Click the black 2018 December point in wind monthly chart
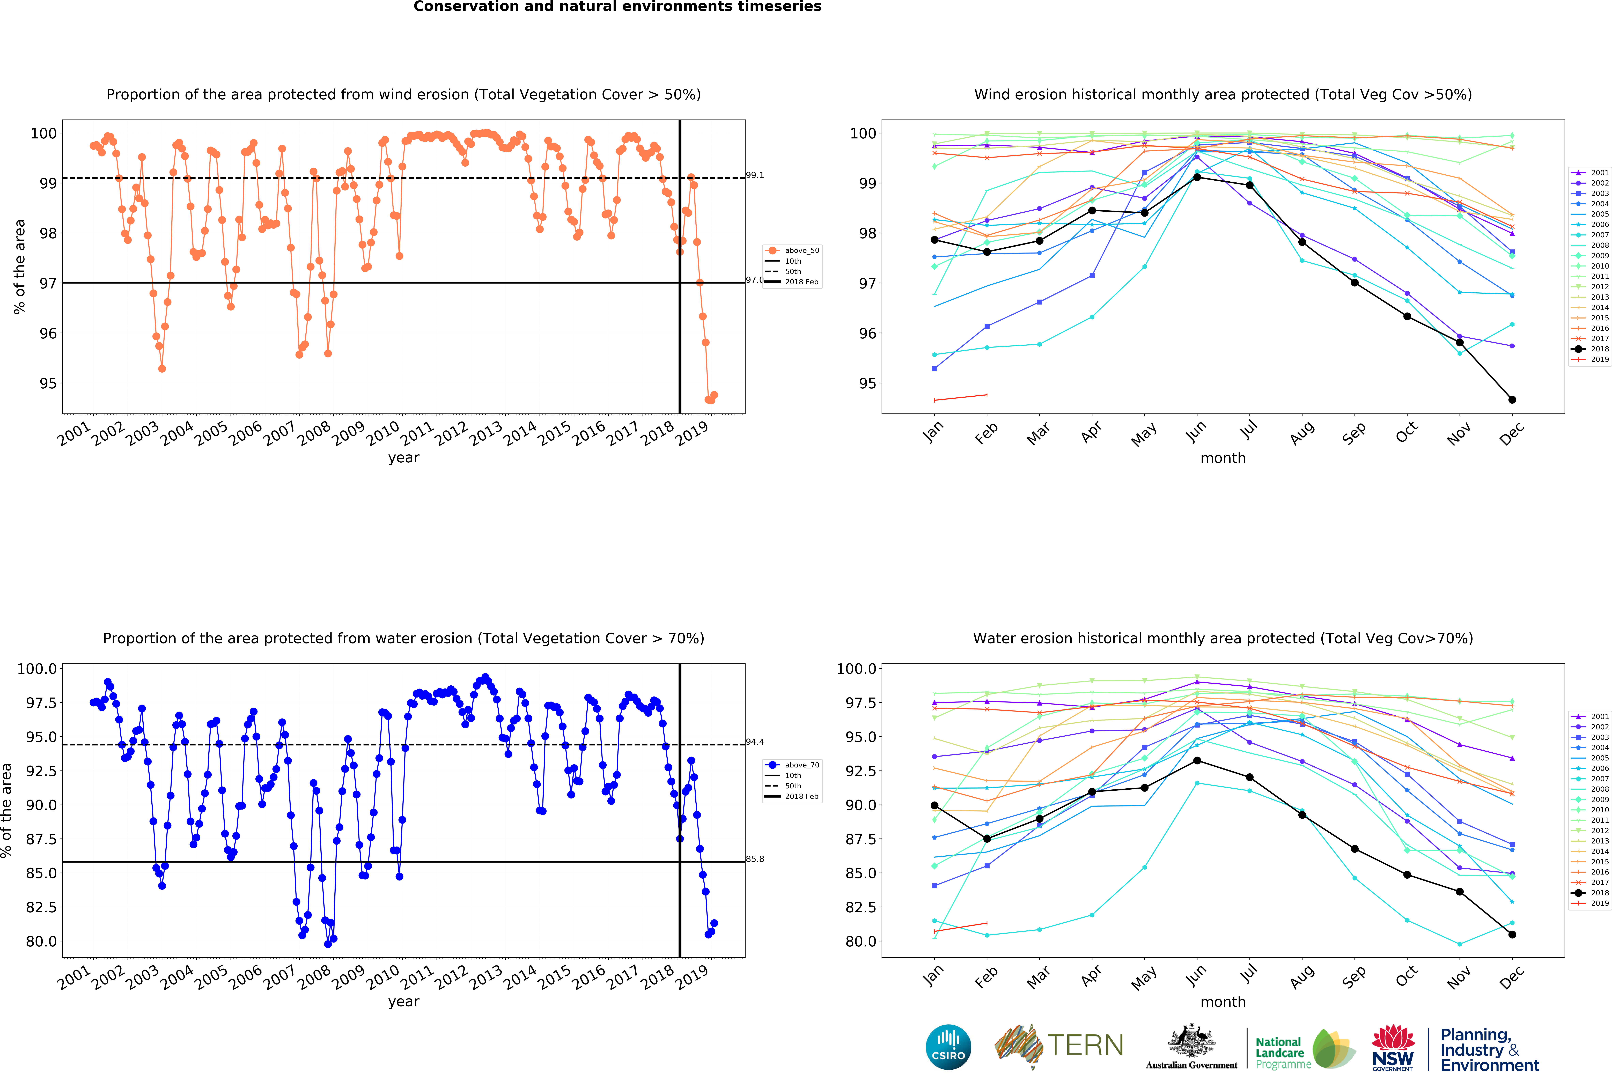[x=1512, y=399]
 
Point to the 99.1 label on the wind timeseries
[x=755, y=175]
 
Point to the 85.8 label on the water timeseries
[x=755, y=859]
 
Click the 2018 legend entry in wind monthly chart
[x=1594, y=349]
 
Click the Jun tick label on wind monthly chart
[x=1196, y=431]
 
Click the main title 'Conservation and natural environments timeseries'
[x=617, y=7]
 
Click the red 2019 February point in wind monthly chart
[x=986, y=395]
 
